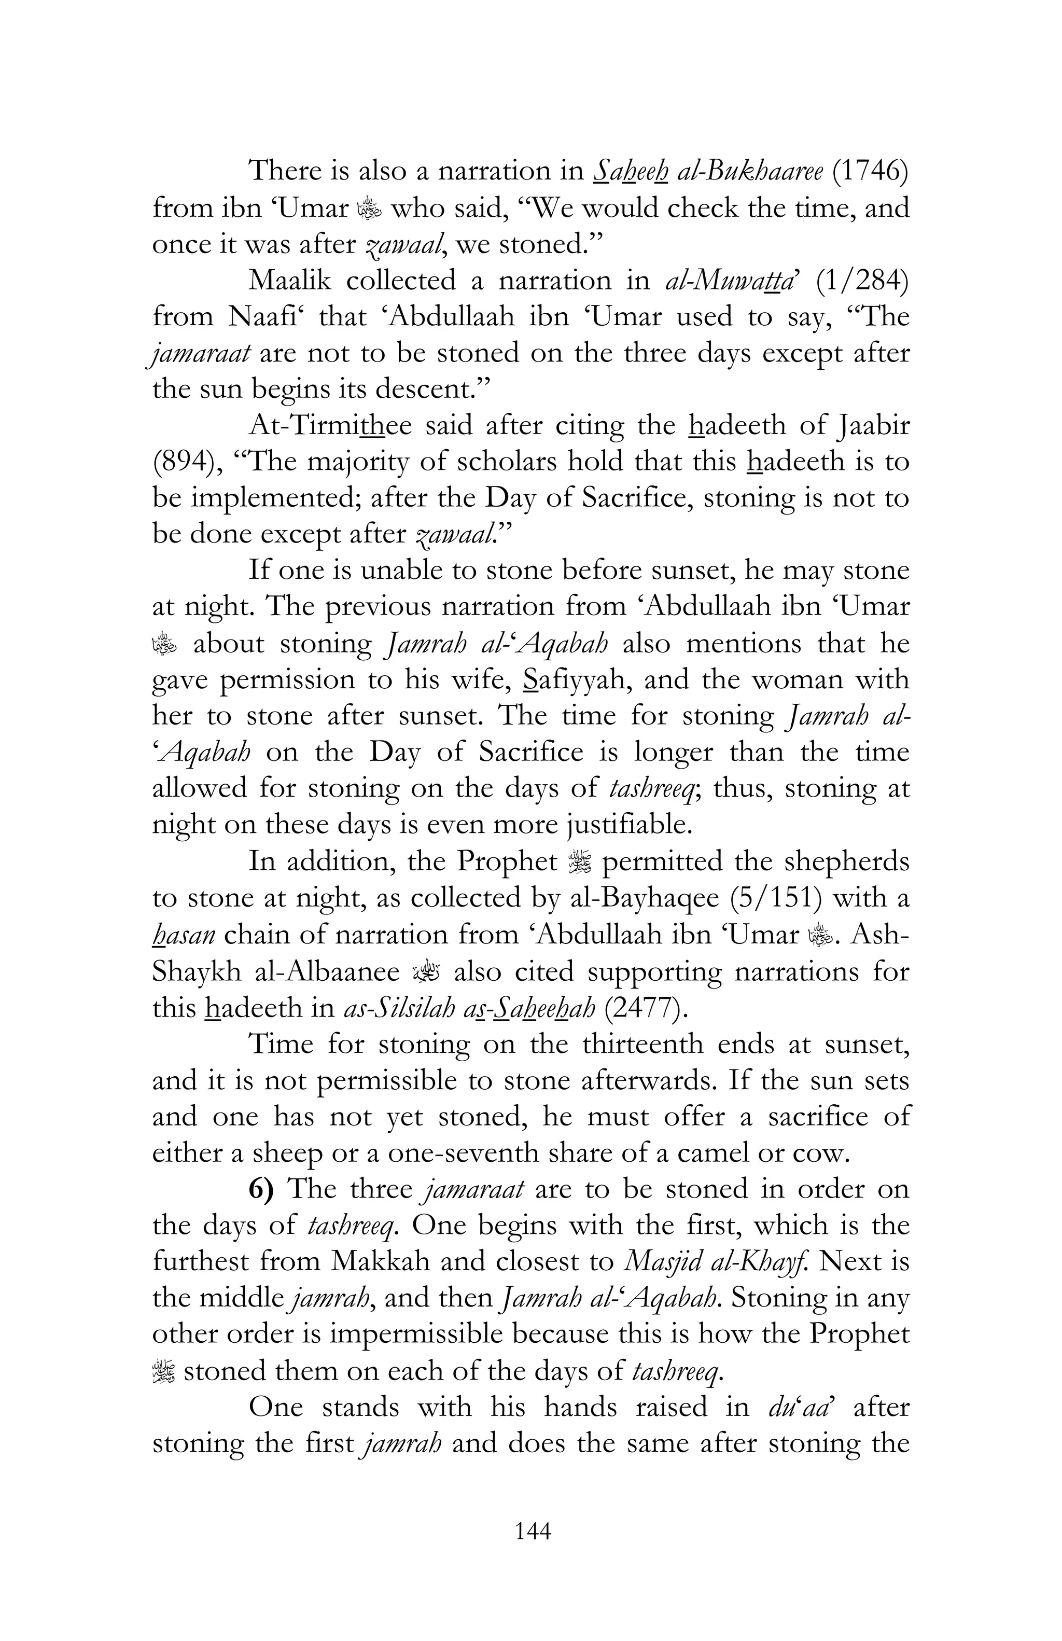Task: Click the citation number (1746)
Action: [869, 171]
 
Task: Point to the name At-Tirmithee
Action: [329, 425]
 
